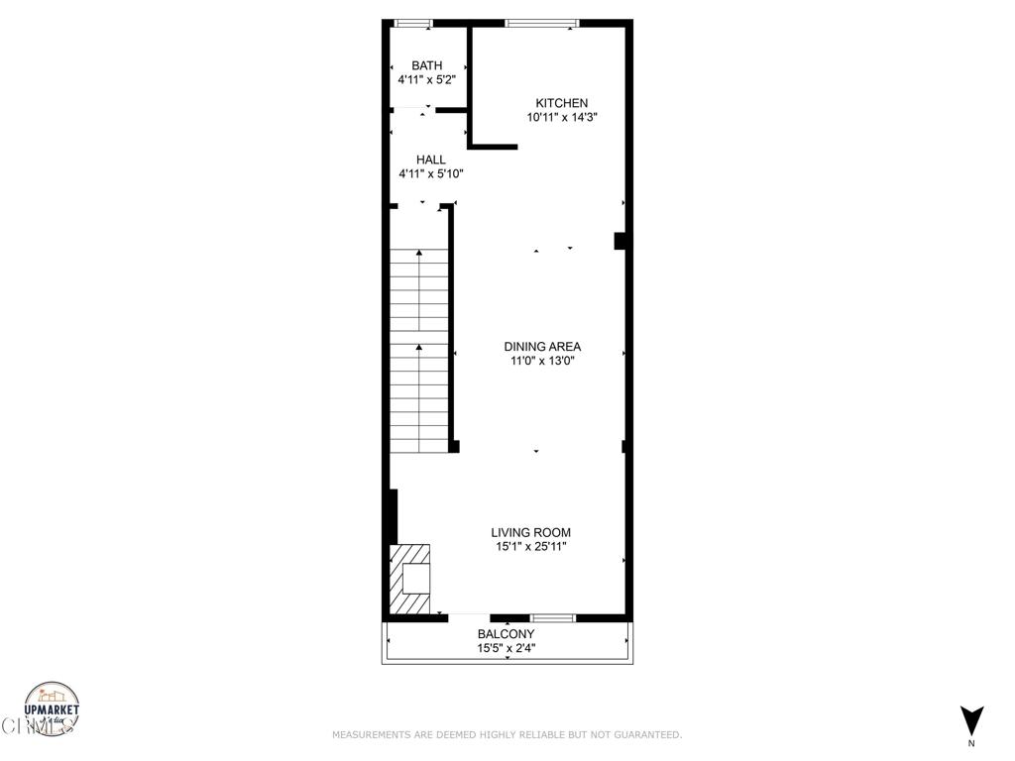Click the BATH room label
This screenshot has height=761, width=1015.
427,65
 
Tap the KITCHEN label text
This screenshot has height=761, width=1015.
562,103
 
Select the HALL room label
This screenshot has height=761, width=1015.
431,160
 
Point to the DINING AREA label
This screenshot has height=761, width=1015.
542,347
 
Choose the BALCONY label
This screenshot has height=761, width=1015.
507,634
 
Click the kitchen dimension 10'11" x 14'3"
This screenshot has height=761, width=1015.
562,117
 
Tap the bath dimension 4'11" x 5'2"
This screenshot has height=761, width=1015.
427,79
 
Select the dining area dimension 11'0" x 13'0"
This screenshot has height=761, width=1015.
542,361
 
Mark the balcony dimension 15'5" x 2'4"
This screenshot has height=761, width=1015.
507,649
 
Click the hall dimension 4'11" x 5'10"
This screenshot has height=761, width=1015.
431,174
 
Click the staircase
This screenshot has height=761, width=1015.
419,350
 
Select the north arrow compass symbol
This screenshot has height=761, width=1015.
972,719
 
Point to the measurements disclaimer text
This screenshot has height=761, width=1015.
507,735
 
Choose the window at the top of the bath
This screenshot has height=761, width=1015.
412,23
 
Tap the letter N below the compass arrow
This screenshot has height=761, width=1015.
972,743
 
